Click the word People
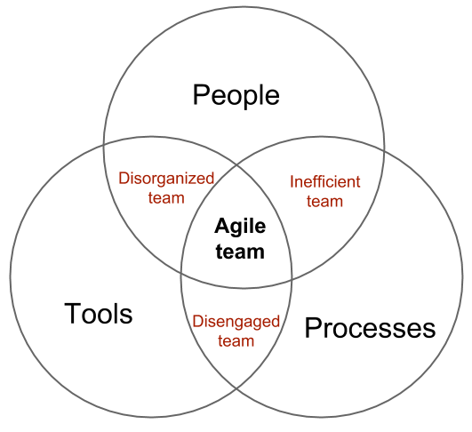point(236,96)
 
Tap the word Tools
point(99,314)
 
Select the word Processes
point(370,328)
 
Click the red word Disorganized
point(166,178)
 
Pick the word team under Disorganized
point(166,198)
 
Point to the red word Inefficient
point(325,182)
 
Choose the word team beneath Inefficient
point(324,202)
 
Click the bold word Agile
point(240,228)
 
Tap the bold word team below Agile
point(240,252)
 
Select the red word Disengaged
point(236,322)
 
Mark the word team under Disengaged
point(236,341)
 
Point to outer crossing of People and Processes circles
point(384,153)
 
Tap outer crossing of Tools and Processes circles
point(236,389)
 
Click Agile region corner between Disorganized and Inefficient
point(236,164)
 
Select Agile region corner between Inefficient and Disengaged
point(292,280)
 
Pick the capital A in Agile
point(222,226)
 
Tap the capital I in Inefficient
point(292,182)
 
